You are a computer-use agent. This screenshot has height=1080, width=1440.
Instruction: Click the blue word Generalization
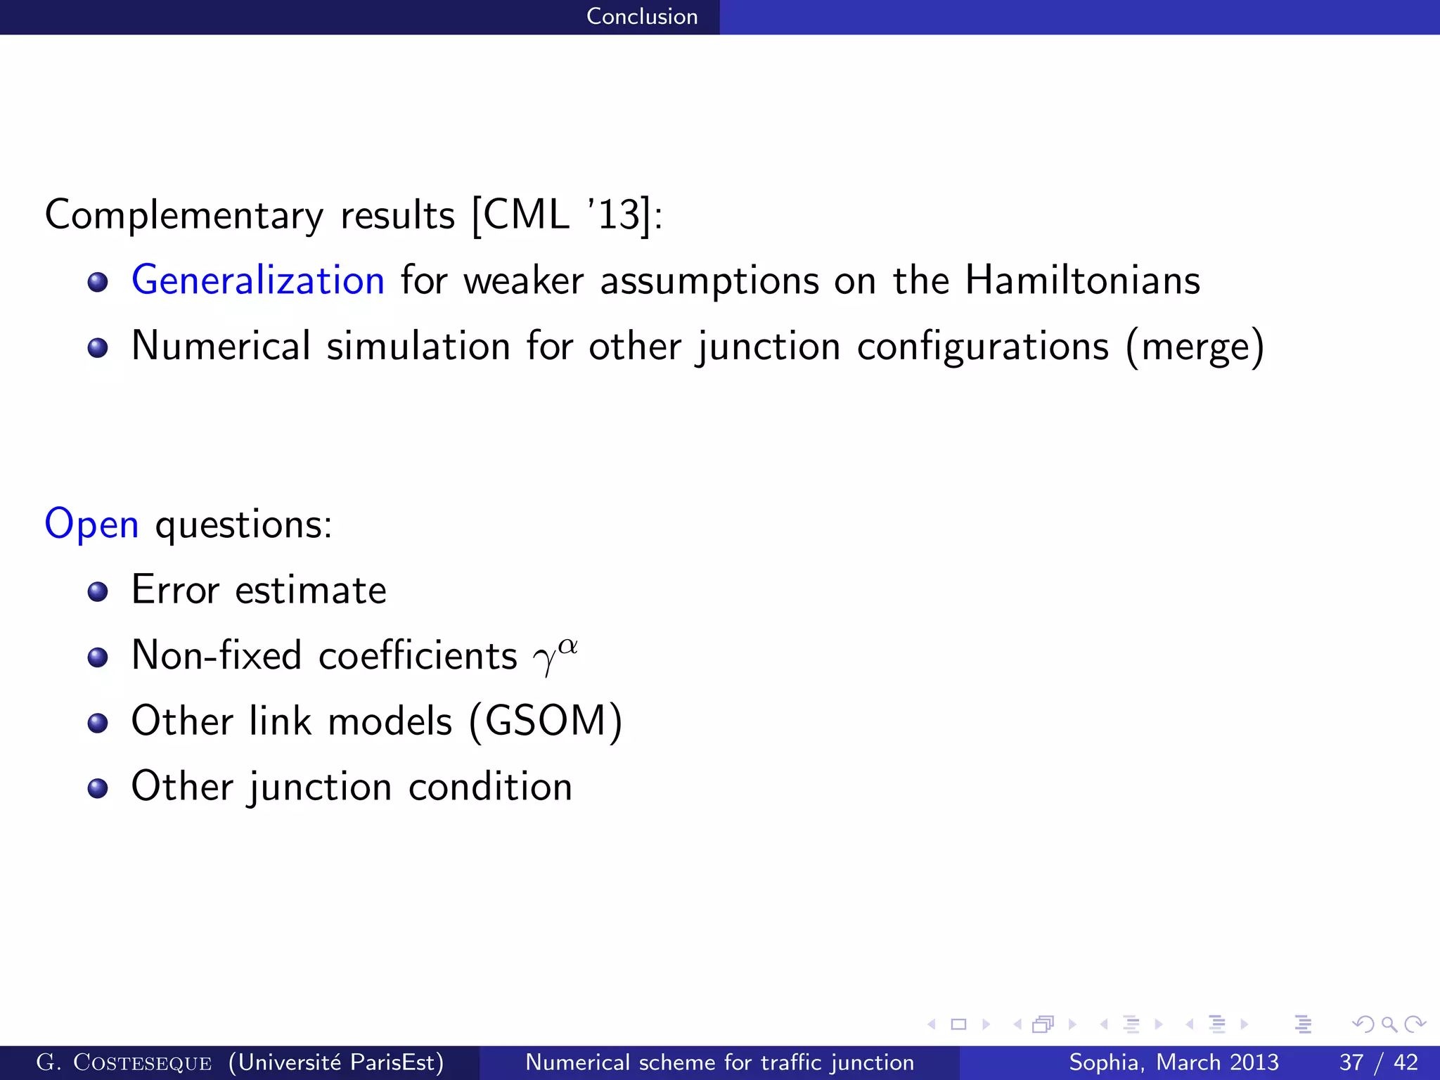point(257,281)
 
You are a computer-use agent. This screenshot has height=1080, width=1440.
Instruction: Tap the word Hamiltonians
point(1082,281)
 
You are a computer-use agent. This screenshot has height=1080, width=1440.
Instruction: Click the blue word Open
point(91,525)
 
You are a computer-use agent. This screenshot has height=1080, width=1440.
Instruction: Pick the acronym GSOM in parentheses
point(546,721)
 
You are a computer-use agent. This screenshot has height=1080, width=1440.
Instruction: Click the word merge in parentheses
point(1195,347)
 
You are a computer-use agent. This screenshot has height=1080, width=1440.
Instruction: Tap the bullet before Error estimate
point(98,591)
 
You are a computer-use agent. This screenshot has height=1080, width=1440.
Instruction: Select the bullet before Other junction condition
point(98,787)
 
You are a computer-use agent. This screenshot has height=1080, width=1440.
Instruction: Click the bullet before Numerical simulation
point(98,347)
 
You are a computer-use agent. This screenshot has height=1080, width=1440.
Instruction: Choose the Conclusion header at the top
point(642,16)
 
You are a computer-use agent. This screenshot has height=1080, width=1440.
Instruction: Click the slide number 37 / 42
point(1378,1062)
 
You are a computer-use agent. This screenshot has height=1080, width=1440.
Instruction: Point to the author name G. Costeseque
point(124,1062)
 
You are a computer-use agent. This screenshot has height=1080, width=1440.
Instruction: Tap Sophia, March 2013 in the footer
point(1174,1062)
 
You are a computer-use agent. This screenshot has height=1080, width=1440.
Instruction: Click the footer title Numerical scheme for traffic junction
point(719,1062)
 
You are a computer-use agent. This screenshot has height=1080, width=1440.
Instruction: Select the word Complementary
point(184,215)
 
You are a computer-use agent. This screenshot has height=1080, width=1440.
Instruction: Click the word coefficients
point(418,655)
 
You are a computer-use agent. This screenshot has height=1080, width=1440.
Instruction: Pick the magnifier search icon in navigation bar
point(1389,1024)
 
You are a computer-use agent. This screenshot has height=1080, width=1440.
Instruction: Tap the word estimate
point(310,590)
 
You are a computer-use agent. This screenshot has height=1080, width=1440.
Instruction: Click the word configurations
point(982,347)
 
